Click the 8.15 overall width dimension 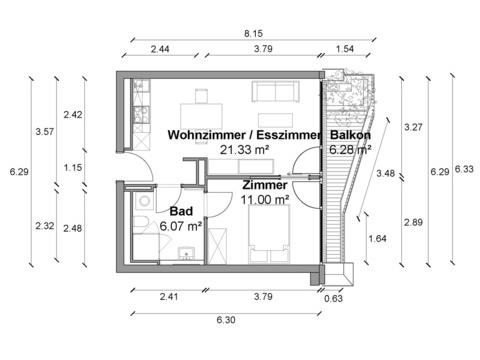(253, 33)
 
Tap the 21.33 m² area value (244, 150)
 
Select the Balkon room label (350, 135)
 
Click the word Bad (181, 211)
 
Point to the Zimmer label (265, 185)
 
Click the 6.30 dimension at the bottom (226, 320)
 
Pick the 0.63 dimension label (333, 298)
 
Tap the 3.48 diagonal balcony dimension (386, 173)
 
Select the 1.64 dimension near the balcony (378, 239)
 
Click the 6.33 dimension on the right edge (464, 169)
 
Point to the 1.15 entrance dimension (73, 167)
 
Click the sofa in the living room (275, 91)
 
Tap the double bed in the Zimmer (269, 234)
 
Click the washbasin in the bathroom (186, 254)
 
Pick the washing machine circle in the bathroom (144, 201)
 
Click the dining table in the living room (201, 116)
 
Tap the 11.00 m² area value (265, 200)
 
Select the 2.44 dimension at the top (160, 49)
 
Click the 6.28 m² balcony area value (350, 150)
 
